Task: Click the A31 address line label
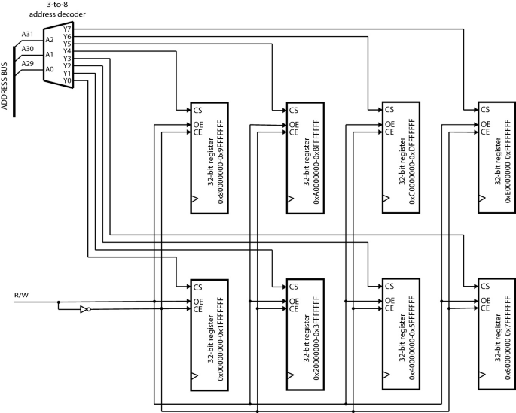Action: (28, 34)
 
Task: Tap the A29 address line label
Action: (28, 64)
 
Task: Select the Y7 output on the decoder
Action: (68, 29)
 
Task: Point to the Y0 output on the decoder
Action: (68, 80)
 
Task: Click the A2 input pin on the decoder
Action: (50, 40)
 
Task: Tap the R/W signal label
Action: (20, 296)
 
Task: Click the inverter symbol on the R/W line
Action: (85, 308)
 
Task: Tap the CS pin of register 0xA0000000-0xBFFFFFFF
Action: (292, 109)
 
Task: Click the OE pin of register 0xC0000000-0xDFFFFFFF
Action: (388, 124)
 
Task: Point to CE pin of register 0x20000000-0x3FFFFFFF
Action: (292, 309)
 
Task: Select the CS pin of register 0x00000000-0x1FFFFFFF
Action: (198, 287)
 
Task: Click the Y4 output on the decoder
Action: (68, 51)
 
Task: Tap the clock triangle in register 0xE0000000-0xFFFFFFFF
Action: (481, 198)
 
